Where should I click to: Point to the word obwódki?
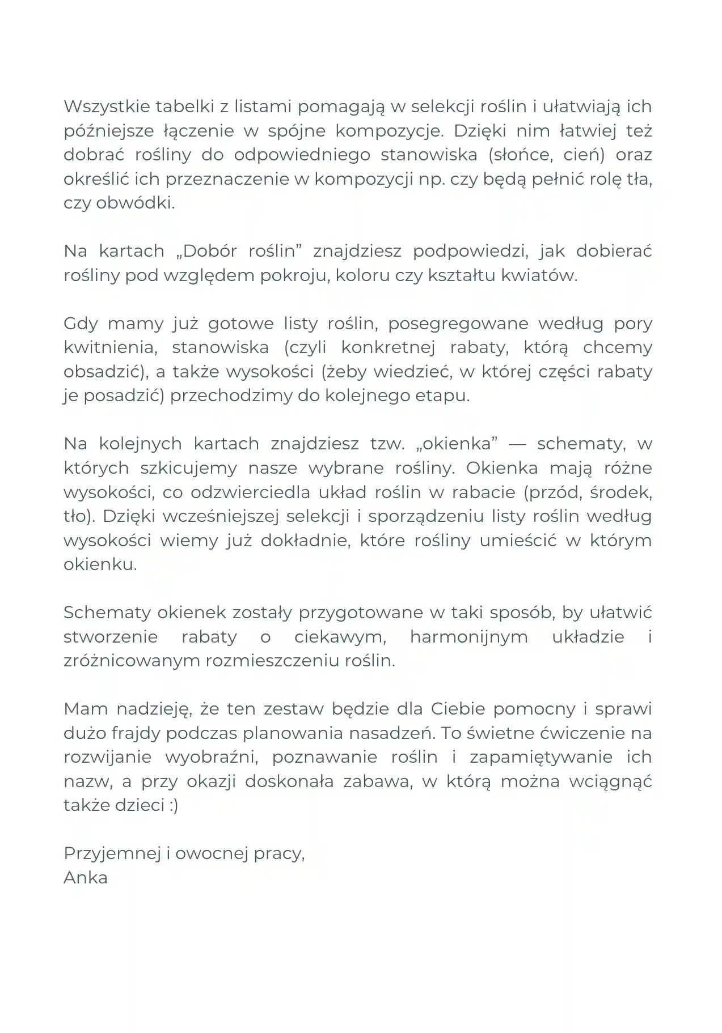(136, 203)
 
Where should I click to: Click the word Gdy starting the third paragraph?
(80, 324)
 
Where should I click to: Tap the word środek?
(620, 492)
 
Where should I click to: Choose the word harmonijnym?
(468, 636)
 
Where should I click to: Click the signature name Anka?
(86, 877)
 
